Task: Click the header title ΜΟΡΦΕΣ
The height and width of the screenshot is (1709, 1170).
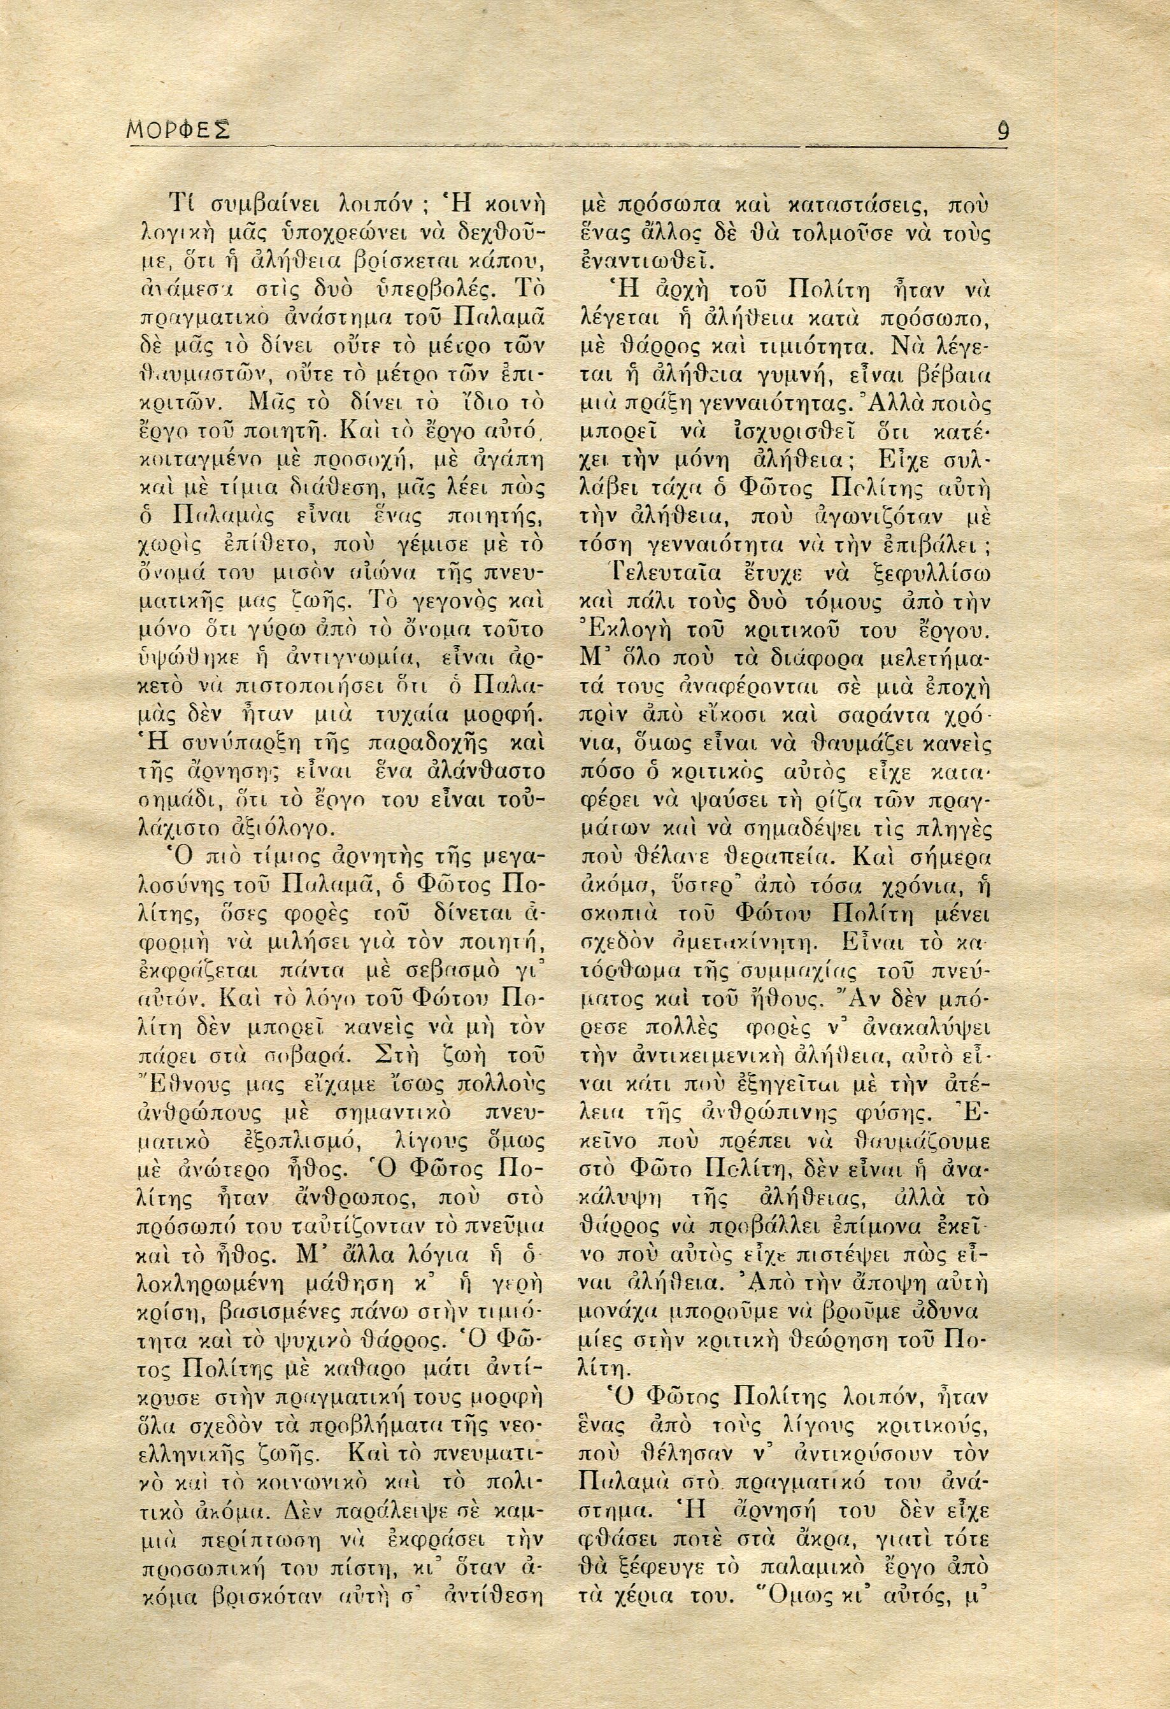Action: click(x=177, y=132)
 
